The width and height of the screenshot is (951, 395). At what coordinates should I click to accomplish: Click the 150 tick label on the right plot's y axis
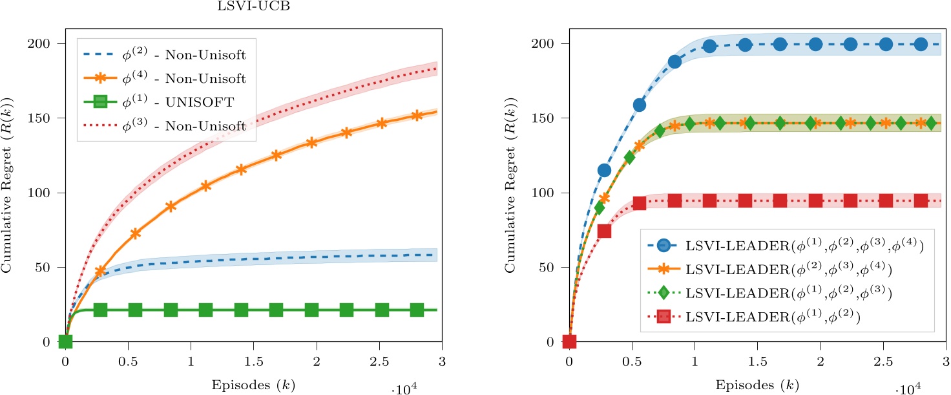click(547, 118)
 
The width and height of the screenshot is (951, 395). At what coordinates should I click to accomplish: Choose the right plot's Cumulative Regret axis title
click(512, 193)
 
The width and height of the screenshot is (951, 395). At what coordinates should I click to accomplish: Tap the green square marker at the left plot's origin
click(65, 341)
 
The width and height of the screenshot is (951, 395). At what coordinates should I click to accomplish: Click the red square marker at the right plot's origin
click(569, 341)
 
